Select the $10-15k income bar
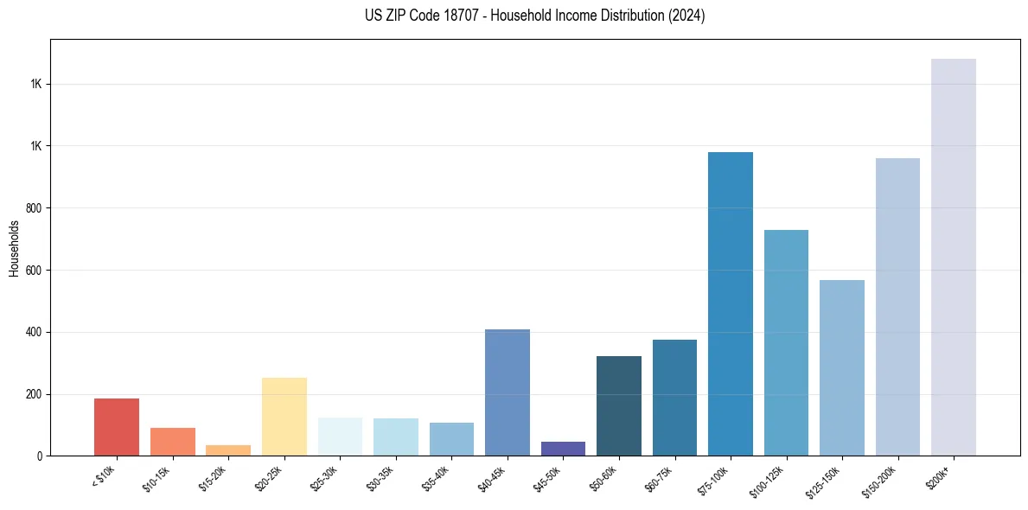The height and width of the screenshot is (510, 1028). click(172, 442)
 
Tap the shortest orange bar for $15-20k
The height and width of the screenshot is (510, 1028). click(228, 450)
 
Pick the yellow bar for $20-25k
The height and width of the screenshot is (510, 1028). click(284, 417)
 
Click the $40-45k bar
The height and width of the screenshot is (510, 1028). click(507, 392)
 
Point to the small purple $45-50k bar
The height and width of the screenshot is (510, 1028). click(563, 449)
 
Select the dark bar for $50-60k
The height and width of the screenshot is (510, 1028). click(619, 405)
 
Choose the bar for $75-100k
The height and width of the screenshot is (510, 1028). click(731, 303)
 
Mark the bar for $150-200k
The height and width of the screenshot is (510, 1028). click(897, 307)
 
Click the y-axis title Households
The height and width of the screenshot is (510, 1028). click(14, 248)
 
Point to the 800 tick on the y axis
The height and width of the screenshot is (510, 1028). click(33, 208)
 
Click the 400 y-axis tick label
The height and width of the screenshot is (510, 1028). click(33, 332)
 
